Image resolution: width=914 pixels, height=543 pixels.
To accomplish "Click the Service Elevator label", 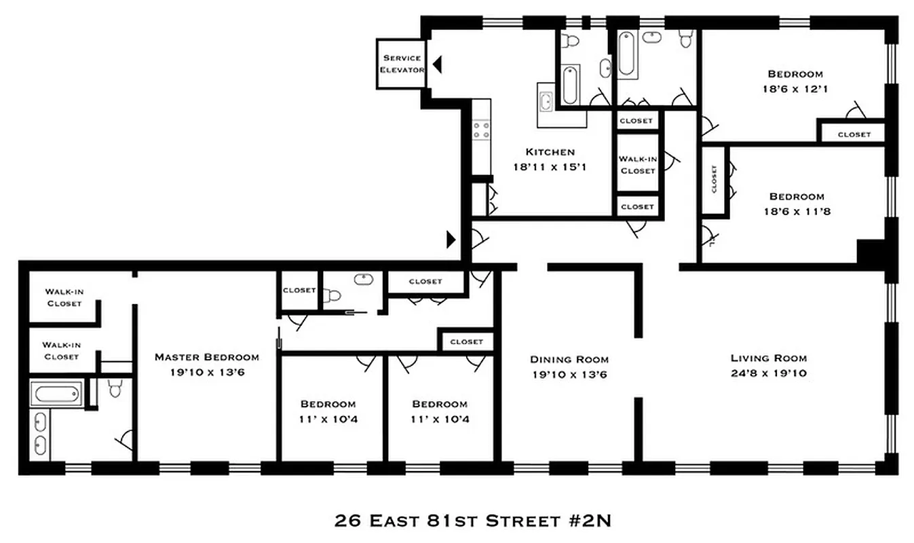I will click(402, 64).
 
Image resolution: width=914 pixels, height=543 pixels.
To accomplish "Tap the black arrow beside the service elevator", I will click(438, 64).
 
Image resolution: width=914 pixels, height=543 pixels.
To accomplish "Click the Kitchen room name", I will click(550, 152).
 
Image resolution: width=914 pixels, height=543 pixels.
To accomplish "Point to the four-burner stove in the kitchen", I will click(482, 130).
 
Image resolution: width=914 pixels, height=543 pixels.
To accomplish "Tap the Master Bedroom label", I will click(206, 357).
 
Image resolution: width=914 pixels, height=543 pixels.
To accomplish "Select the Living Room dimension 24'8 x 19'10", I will click(768, 373).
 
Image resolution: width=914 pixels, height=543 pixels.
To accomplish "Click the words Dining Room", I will click(569, 359).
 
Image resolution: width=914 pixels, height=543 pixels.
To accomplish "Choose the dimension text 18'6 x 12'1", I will click(795, 88).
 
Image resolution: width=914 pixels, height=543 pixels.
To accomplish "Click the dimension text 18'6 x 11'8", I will click(796, 211).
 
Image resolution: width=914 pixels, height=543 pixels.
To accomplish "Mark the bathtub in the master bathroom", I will click(56, 394).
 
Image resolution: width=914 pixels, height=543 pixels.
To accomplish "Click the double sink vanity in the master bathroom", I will click(40, 434).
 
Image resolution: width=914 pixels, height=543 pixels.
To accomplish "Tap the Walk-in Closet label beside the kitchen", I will click(637, 165).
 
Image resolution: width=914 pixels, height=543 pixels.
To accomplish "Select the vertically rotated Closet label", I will click(715, 179).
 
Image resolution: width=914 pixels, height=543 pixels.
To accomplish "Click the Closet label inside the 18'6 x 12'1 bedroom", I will click(854, 134).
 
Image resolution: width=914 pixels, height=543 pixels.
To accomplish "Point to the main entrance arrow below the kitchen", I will click(451, 238).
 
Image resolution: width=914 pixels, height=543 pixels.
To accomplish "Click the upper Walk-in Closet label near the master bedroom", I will click(64, 297).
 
